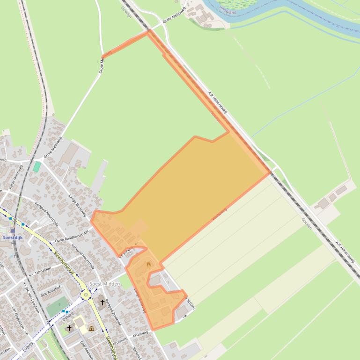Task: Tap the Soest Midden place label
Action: click(x=104, y=284)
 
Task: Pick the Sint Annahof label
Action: click(x=50, y=294)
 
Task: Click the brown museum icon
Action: click(x=91, y=329)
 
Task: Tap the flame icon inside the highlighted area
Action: click(x=149, y=265)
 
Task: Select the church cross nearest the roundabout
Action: click(x=102, y=302)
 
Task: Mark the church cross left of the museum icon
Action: click(x=70, y=328)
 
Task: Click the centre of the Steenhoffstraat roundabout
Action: click(x=85, y=295)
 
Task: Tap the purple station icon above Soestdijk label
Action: click(x=13, y=230)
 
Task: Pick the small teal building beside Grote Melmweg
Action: click(x=37, y=166)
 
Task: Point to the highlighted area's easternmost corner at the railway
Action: click(x=270, y=173)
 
